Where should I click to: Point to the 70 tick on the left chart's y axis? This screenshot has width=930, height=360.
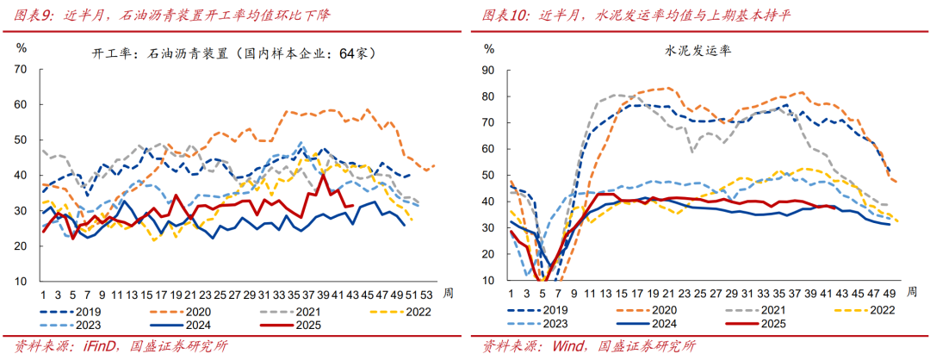coord(22,69)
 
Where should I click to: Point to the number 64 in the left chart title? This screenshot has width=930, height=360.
coord(348,53)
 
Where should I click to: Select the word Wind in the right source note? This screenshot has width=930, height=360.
coord(560,347)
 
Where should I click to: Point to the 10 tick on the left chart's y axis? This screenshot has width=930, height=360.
coord(22,281)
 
